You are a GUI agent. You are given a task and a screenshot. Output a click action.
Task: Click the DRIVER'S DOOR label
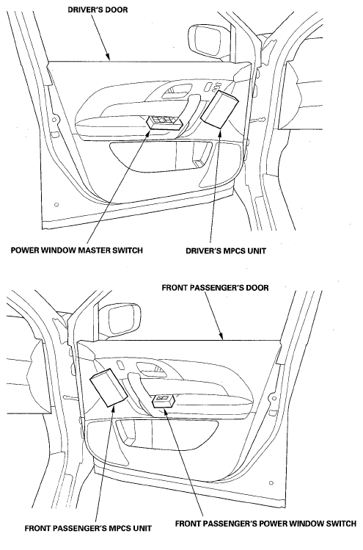pyautogui.click(x=98, y=10)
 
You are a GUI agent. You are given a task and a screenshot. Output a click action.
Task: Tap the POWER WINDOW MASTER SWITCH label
pyautogui.click(x=77, y=250)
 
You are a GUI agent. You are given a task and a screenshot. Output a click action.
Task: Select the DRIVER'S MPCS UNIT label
pyautogui.click(x=226, y=251)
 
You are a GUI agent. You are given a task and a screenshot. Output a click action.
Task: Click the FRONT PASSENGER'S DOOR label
pyautogui.click(x=215, y=288)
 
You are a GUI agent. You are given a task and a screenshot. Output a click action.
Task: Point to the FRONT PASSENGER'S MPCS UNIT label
pyautogui.click(x=88, y=528)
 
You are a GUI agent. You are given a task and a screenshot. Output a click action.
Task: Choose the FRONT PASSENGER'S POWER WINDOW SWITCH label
pyautogui.click(x=265, y=524)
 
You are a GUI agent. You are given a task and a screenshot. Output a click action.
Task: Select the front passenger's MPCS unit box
pyautogui.click(x=109, y=388)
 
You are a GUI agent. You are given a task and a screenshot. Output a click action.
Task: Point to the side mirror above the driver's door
pyautogui.click(x=207, y=40)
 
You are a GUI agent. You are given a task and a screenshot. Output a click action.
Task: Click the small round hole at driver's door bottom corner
pyautogui.click(x=56, y=205)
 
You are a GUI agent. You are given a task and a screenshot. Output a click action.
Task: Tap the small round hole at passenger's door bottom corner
pyautogui.click(x=271, y=483)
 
